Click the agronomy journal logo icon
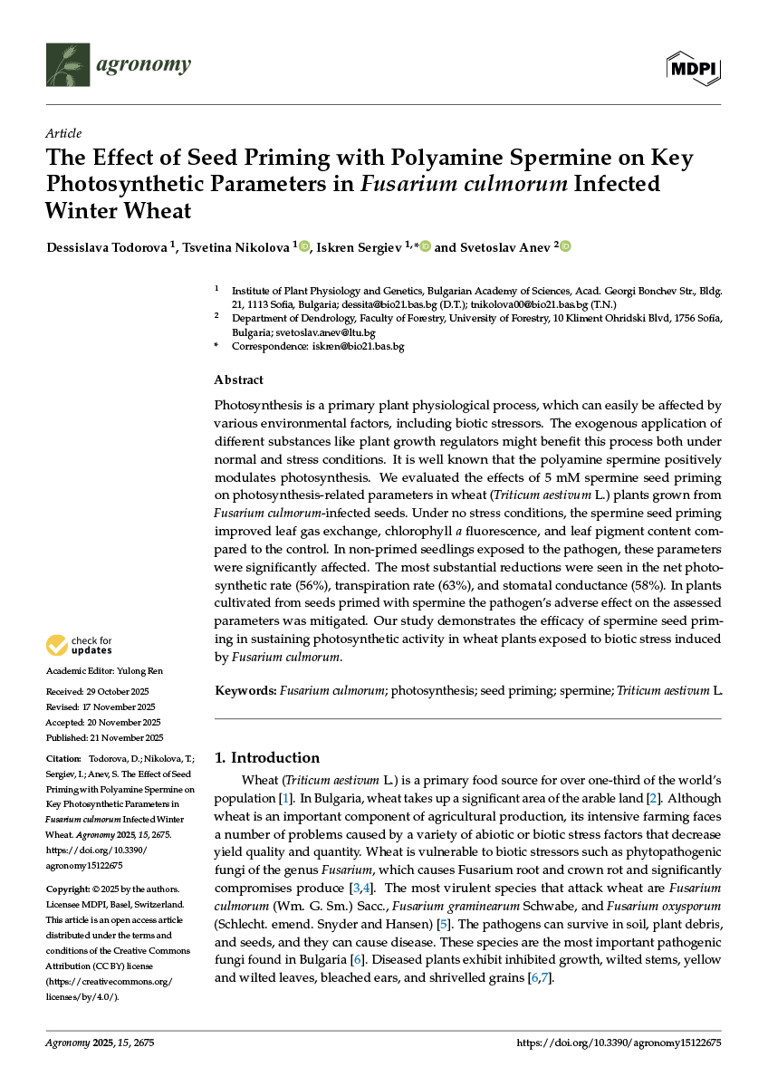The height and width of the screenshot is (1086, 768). (68, 64)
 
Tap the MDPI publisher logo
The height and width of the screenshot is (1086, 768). (694, 68)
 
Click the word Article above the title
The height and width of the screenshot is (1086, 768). (63, 133)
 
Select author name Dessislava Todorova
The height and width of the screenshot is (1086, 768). (106, 246)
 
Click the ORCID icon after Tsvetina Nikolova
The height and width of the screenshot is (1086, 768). (304, 246)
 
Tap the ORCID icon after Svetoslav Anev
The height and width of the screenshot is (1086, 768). (566, 246)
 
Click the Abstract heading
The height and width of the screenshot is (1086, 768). (238, 380)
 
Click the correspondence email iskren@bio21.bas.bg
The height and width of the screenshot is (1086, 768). (358, 346)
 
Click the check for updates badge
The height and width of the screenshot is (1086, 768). (79, 646)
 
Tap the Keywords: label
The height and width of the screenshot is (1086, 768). (245, 691)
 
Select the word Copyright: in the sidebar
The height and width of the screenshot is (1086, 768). (68, 889)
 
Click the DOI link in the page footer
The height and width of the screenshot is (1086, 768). (619, 1043)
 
